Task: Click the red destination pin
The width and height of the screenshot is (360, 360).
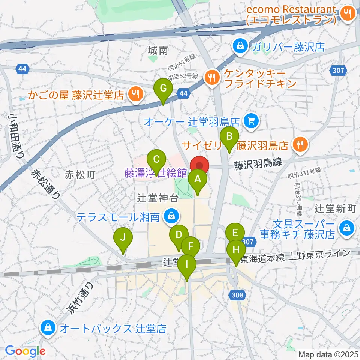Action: point(199,165)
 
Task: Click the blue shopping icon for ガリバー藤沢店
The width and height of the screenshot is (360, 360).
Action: point(239,46)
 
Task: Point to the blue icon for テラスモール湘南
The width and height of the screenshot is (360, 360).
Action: point(172,216)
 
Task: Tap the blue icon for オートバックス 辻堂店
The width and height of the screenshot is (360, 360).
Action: point(49,329)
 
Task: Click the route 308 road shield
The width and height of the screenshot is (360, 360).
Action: point(238,295)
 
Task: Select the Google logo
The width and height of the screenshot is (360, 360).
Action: point(25,351)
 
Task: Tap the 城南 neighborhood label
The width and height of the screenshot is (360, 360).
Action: point(158,50)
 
